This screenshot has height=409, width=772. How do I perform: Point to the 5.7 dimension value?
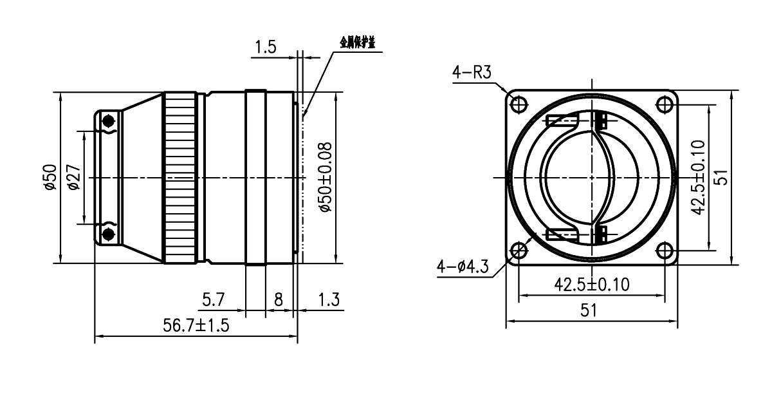(x=212, y=298)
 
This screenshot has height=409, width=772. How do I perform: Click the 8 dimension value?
(x=279, y=298)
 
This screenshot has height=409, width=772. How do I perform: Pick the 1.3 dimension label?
(x=328, y=298)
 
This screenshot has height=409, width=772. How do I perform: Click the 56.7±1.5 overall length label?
(x=196, y=327)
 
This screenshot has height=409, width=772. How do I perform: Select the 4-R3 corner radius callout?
(x=472, y=73)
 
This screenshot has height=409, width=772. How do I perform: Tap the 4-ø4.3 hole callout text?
(x=463, y=264)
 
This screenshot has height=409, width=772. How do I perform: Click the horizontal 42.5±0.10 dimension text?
(x=591, y=284)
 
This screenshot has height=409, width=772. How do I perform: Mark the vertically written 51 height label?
(x=721, y=176)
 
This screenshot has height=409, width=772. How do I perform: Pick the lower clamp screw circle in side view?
(x=107, y=231)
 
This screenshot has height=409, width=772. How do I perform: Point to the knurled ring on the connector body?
(x=181, y=177)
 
